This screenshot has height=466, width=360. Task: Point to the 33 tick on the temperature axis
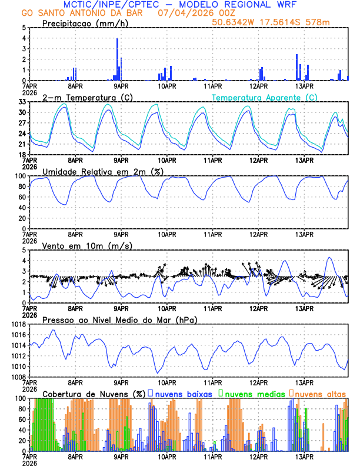tap(22, 102)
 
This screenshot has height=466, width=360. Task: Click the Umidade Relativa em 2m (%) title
tap(102, 171)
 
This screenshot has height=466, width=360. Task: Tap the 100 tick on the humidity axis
tap(20, 176)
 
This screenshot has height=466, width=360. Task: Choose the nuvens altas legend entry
tap(318, 393)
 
